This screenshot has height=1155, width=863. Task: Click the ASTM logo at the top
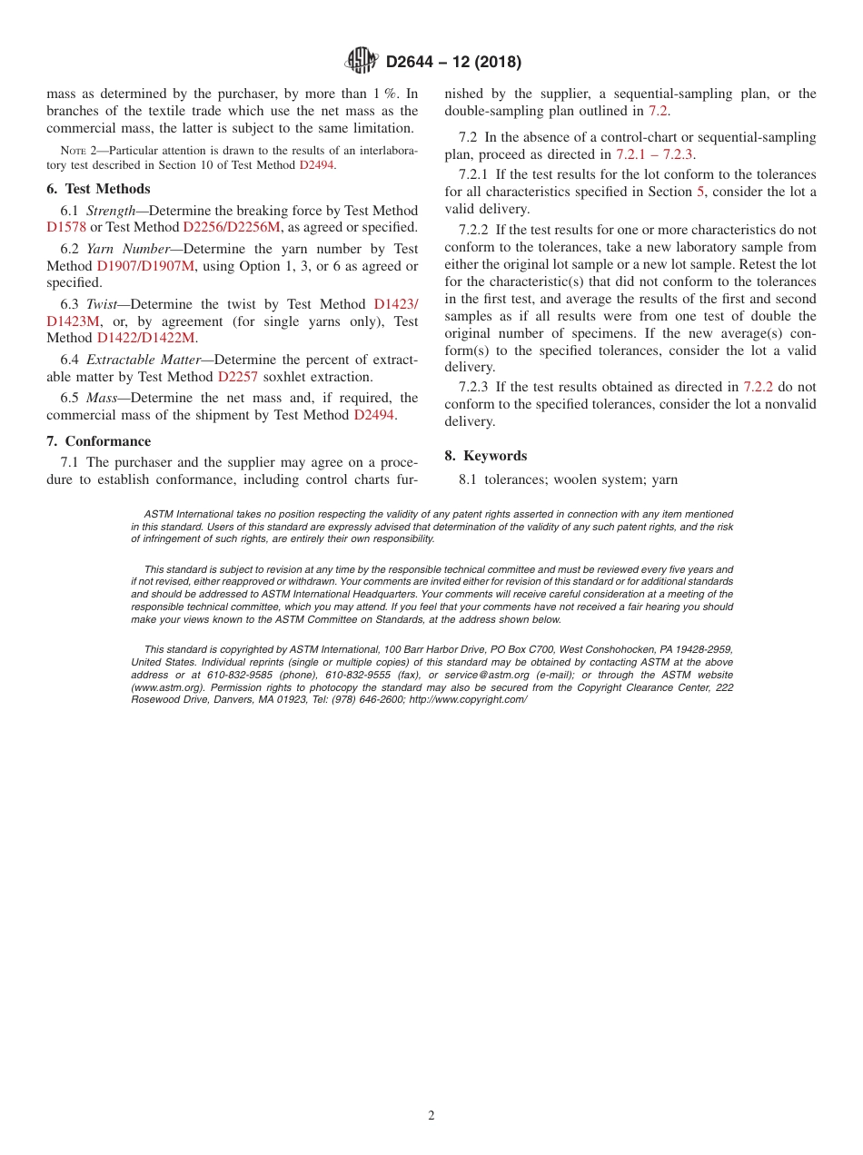coord(362,61)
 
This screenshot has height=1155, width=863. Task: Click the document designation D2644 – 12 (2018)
coord(453,63)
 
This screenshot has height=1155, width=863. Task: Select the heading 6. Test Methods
coord(98,189)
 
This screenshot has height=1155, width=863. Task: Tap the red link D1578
coord(66,227)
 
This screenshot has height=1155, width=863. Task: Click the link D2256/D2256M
coord(232,227)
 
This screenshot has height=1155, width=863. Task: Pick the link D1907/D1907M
coord(145,266)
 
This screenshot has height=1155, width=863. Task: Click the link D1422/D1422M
coord(145,338)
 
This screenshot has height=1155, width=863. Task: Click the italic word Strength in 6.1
coord(111,211)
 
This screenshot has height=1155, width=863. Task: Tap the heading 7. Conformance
coord(99,441)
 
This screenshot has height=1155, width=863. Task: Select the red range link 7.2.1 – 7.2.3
coord(654,154)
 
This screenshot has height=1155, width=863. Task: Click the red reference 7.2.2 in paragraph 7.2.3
coord(758,387)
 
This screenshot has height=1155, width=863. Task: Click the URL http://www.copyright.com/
coord(468,699)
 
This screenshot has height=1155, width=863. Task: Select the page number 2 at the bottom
coord(431,1116)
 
